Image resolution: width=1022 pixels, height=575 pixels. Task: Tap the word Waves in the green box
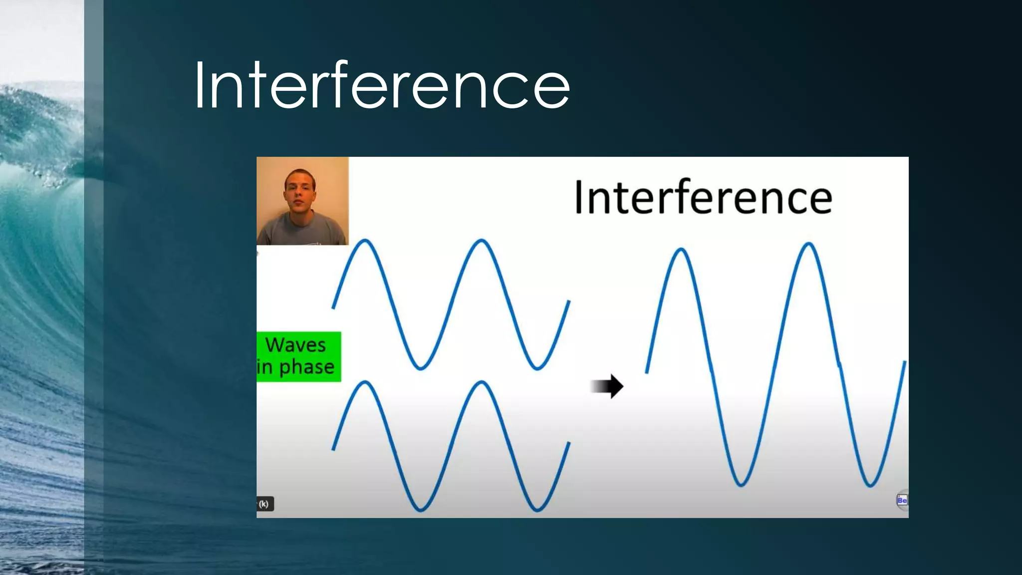point(295,345)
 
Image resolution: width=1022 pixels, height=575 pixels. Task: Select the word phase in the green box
point(306,367)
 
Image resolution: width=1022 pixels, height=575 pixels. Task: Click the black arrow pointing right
point(607,386)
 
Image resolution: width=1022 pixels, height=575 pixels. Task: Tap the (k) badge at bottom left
point(264,504)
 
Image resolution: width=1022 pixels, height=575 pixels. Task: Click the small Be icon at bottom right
point(902,500)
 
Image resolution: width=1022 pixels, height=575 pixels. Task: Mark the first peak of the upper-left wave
point(365,241)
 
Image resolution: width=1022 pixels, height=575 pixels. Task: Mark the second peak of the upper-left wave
point(481,241)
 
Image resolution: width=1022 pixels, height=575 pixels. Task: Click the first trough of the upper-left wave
point(421,368)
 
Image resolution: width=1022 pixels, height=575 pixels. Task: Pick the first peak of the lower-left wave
point(365,383)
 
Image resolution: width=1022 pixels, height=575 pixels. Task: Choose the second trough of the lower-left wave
point(537,510)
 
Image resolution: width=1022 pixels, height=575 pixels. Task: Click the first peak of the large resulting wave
point(681,250)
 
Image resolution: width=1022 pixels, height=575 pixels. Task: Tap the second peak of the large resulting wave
point(808,244)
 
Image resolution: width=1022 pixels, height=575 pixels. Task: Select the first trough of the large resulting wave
point(741,484)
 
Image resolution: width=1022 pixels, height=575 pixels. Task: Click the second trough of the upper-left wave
point(537,368)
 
